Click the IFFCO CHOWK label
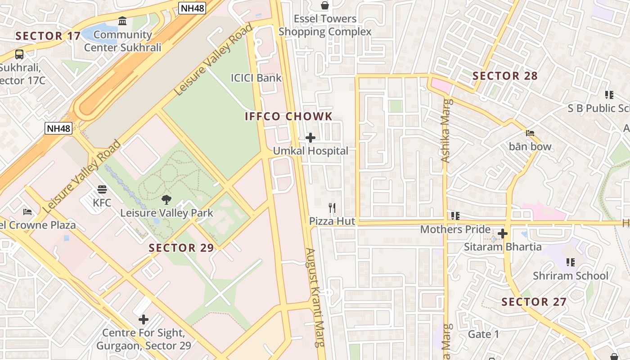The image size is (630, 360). (x=288, y=117)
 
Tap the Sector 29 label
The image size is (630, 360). (x=181, y=248)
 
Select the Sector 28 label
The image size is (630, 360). (x=505, y=76)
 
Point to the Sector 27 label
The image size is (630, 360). (x=534, y=302)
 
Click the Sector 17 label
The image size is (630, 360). (x=48, y=36)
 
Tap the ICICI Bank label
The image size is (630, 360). (x=256, y=78)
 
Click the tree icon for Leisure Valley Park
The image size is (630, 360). (x=166, y=199)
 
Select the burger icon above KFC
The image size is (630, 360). (x=102, y=189)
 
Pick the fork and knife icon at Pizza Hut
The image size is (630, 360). (x=332, y=208)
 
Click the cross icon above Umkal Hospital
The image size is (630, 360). (x=310, y=138)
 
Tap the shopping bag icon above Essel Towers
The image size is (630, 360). (x=324, y=5)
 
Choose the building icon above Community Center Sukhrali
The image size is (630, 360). (x=122, y=21)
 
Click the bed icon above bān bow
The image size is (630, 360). (x=530, y=133)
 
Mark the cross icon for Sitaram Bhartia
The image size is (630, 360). (x=503, y=234)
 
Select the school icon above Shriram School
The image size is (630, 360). (x=570, y=262)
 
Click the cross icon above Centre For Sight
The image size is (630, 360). (x=144, y=319)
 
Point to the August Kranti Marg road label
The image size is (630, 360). (x=315, y=297)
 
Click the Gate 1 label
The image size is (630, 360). (x=483, y=334)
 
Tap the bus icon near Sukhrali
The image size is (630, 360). (x=19, y=54)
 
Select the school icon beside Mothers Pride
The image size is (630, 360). (x=455, y=216)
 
